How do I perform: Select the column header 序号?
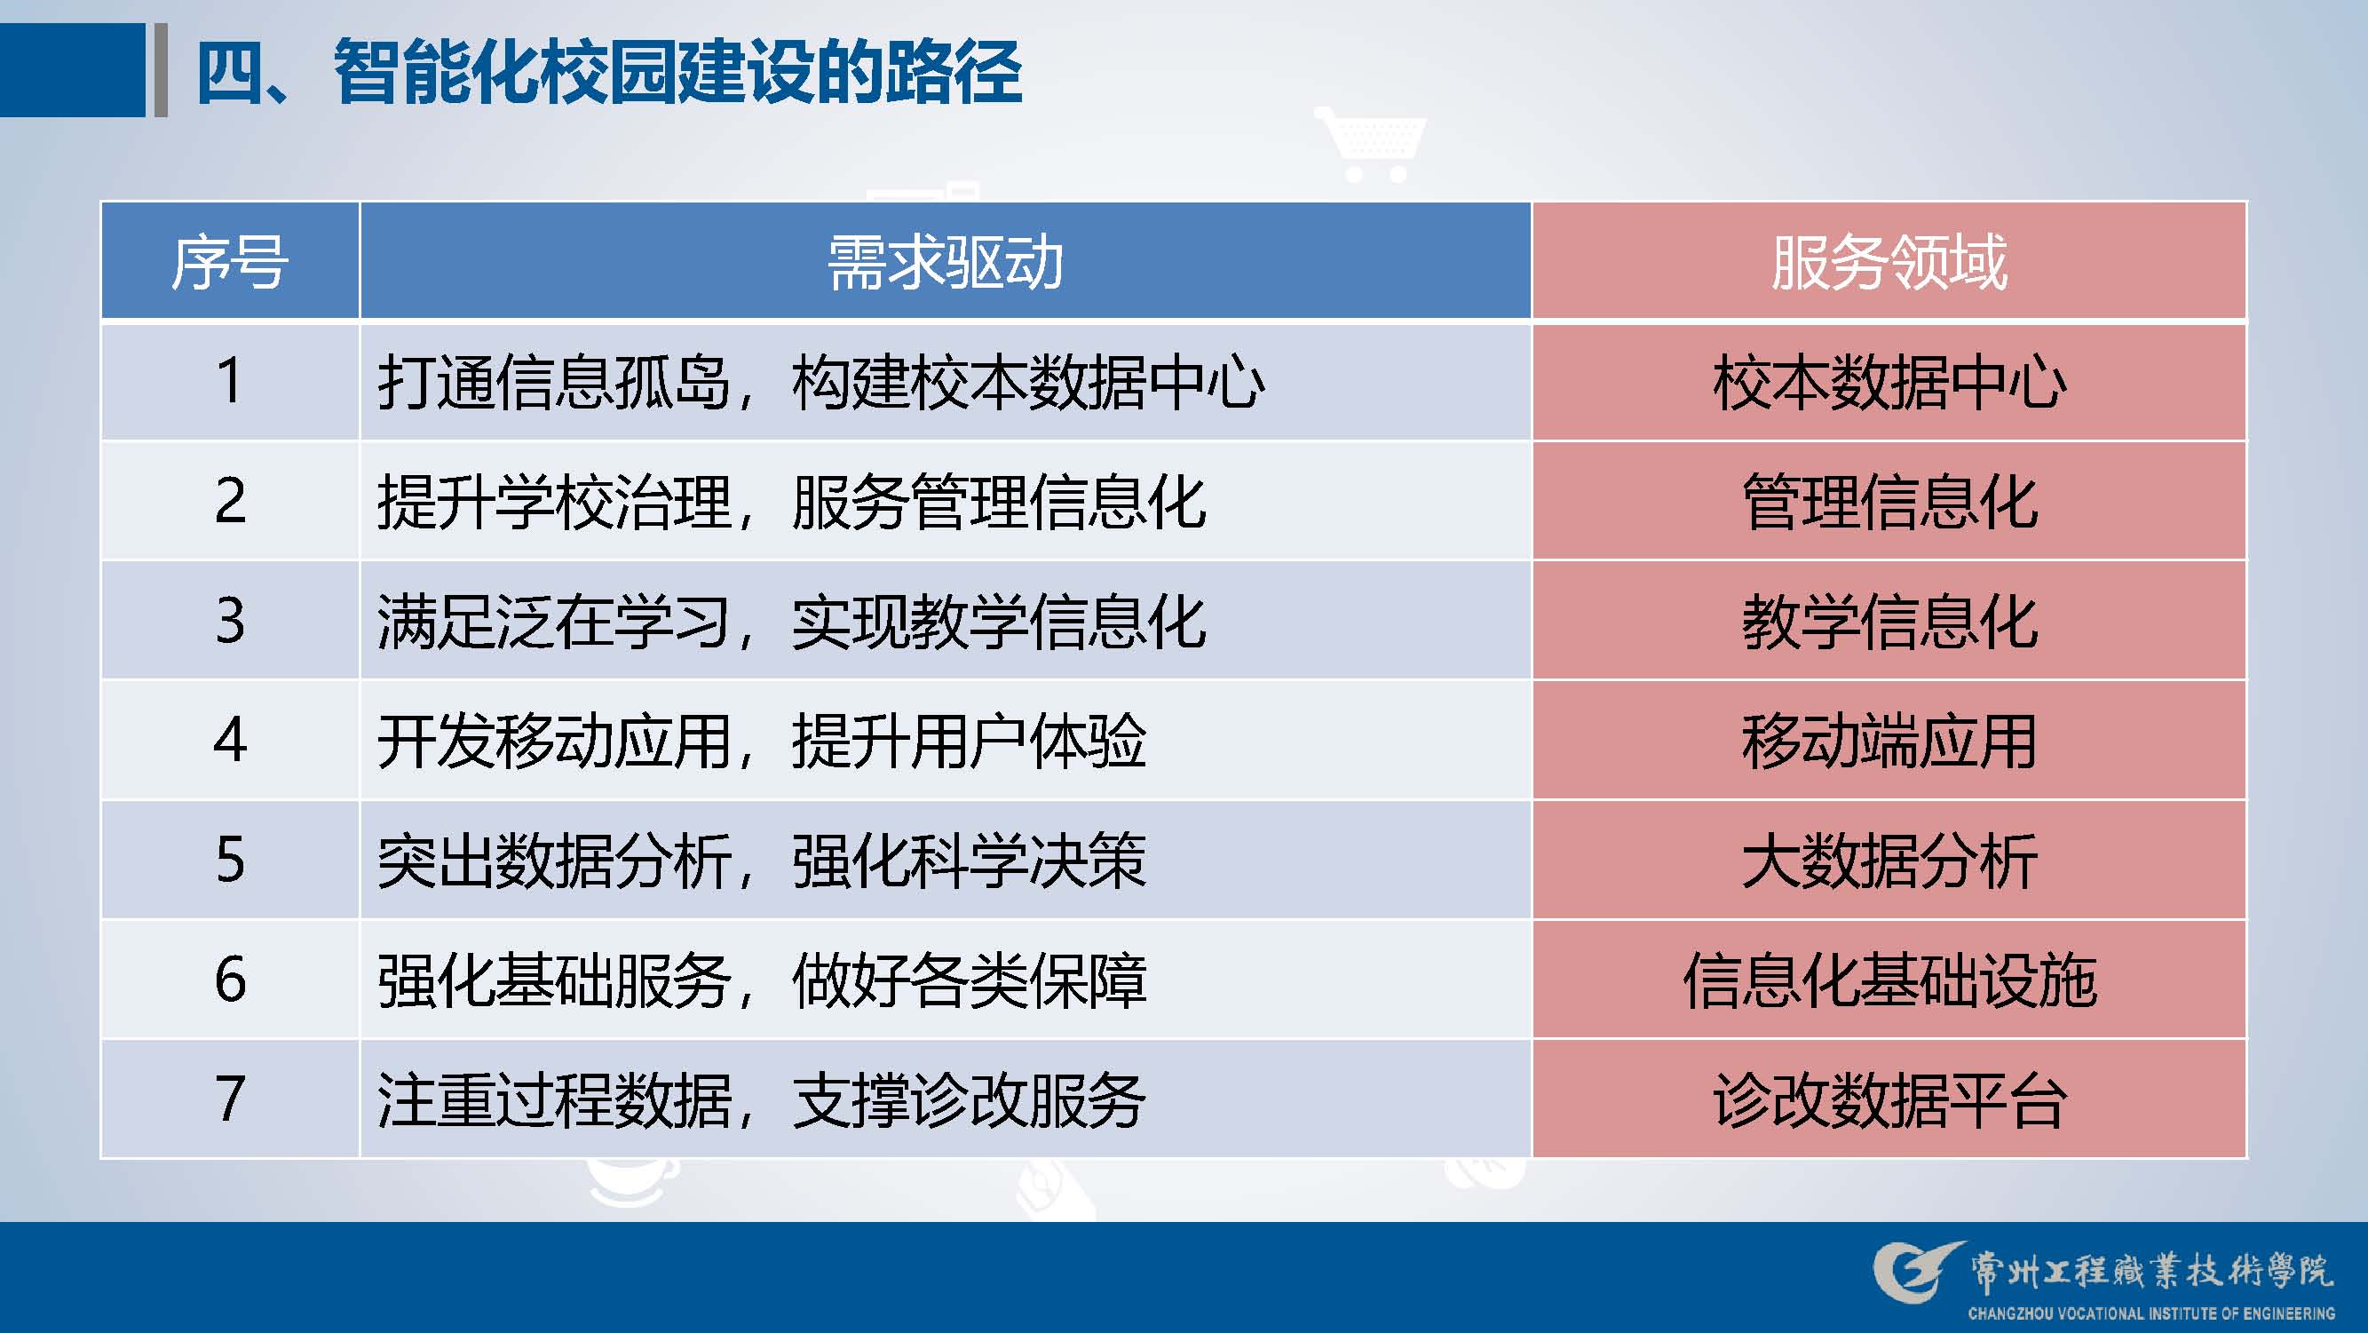click(x=230, y=262)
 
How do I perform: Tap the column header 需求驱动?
click(x=945, y=262)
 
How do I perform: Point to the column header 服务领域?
click(x=1889, y=262)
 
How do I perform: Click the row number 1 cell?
click(x=230, y=381)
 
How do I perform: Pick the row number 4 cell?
click(x=230, y=740)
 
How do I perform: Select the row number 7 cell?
click(x=230, y=1099)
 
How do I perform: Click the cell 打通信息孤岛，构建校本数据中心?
click(x=945, y=381)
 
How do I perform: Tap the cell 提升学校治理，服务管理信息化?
click(x=945, y=501)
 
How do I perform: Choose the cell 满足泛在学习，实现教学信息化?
click(x=945, y=621)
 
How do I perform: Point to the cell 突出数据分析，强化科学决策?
click(x=945, y=860)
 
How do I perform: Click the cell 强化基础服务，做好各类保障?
click(x=945, y=980)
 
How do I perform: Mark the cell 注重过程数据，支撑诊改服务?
click(x=945, y=1099)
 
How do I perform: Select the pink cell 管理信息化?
click(x=1889, y=501)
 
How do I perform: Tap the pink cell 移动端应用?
click(x=1889, y=740)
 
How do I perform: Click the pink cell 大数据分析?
click(x=1889, y=860)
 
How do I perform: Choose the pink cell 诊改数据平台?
click(x=1889, y=1099)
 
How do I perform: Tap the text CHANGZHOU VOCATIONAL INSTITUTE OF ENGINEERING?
click(x=2151, y=1313)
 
